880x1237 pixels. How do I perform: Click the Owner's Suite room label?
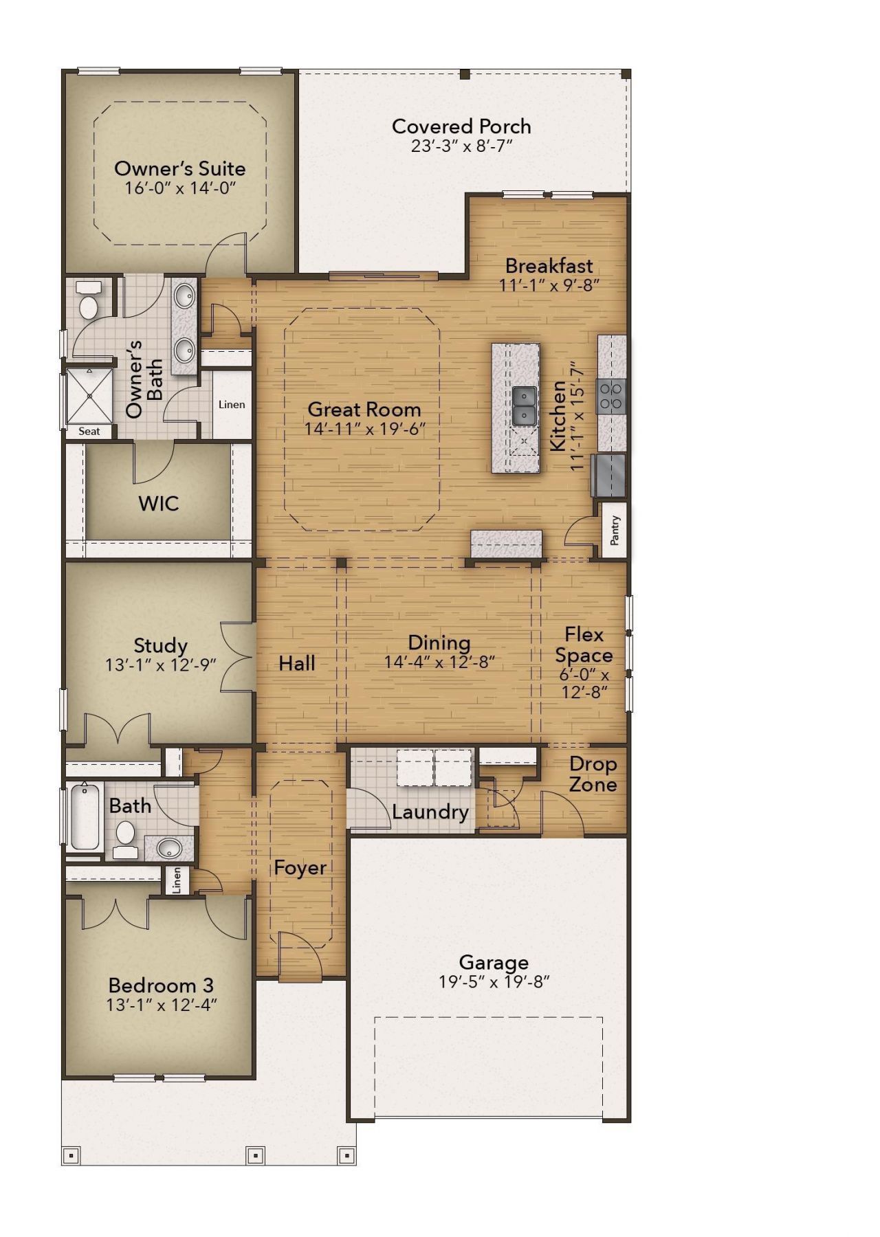[179, 168]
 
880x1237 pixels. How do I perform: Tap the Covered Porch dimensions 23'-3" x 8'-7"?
[462, 146]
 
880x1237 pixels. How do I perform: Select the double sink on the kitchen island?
[525, 406]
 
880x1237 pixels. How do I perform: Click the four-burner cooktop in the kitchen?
[612, 396]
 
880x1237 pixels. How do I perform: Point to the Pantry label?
[615, 530]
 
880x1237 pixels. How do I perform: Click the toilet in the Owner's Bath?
[89, 302]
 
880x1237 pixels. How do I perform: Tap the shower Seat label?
[89, 432]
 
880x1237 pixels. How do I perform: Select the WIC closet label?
[158, 504]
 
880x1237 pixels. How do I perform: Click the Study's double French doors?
[238, 656]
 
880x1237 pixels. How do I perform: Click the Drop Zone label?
[593, 774]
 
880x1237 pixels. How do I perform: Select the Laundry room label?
[430, 812]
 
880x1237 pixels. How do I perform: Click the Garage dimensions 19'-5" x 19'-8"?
[494, 982]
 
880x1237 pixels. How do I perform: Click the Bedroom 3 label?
[161, 985]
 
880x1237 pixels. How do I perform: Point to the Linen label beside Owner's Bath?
[232, 404]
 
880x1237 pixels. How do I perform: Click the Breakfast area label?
[549, 265]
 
